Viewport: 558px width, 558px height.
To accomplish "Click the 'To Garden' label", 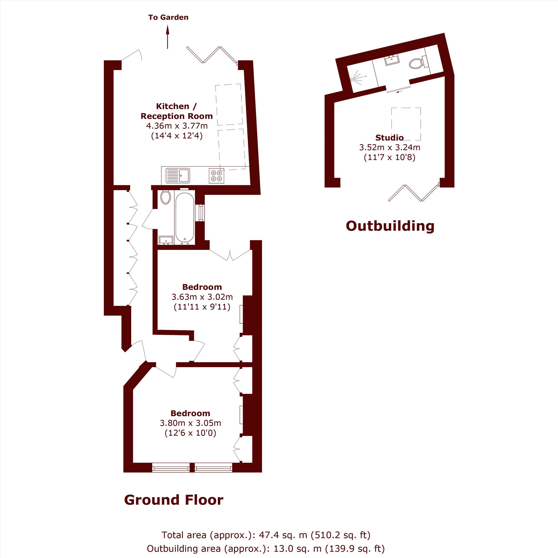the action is tap(168, 17).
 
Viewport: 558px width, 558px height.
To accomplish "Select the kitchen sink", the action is tap(178, 175).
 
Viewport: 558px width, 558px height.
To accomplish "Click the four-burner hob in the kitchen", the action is tap(216, 175).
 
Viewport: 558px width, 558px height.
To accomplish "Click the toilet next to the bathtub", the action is tap(165, 197).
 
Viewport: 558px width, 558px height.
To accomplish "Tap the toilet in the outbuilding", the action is tap(418, 62).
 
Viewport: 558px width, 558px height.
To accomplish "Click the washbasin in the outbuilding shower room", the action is tap(392, 60).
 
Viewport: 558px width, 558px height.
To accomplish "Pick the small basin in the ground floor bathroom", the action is tap(166, 240).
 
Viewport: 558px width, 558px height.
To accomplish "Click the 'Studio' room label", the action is tap(389, 138).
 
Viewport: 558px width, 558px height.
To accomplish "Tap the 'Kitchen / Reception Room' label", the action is tap(177, 111).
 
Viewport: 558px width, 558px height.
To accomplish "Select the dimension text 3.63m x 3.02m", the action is tap(202, 297).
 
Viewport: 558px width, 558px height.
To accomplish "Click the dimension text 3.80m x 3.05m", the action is tap(190, 423).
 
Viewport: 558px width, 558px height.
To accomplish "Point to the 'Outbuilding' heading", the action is tap(390, 226).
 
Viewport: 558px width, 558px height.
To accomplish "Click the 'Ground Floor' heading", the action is tap(174, 500).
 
